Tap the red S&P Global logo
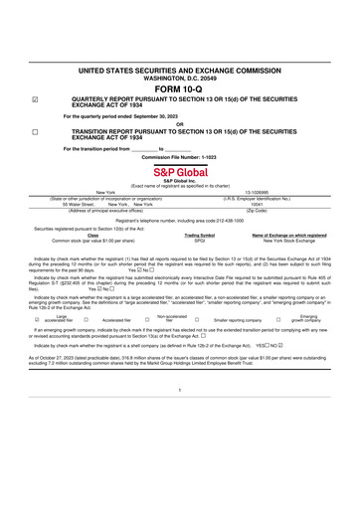179,171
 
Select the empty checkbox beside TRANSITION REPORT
35,130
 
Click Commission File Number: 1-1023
179,156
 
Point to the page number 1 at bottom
179,418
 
